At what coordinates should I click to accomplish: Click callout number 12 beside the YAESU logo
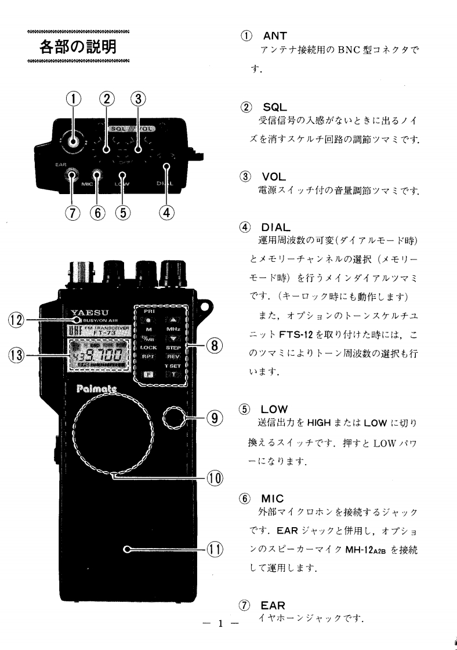click(x=16, y=320)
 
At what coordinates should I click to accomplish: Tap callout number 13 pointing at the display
click(x=16, y=355)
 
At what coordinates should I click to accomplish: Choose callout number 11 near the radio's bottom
click(x=213, y=549)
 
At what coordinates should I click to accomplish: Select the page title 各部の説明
click(x=78, y=46)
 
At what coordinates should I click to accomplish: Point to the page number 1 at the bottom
click(x=220, y=623)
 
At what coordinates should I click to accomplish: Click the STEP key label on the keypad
click(x=173, y=348)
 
